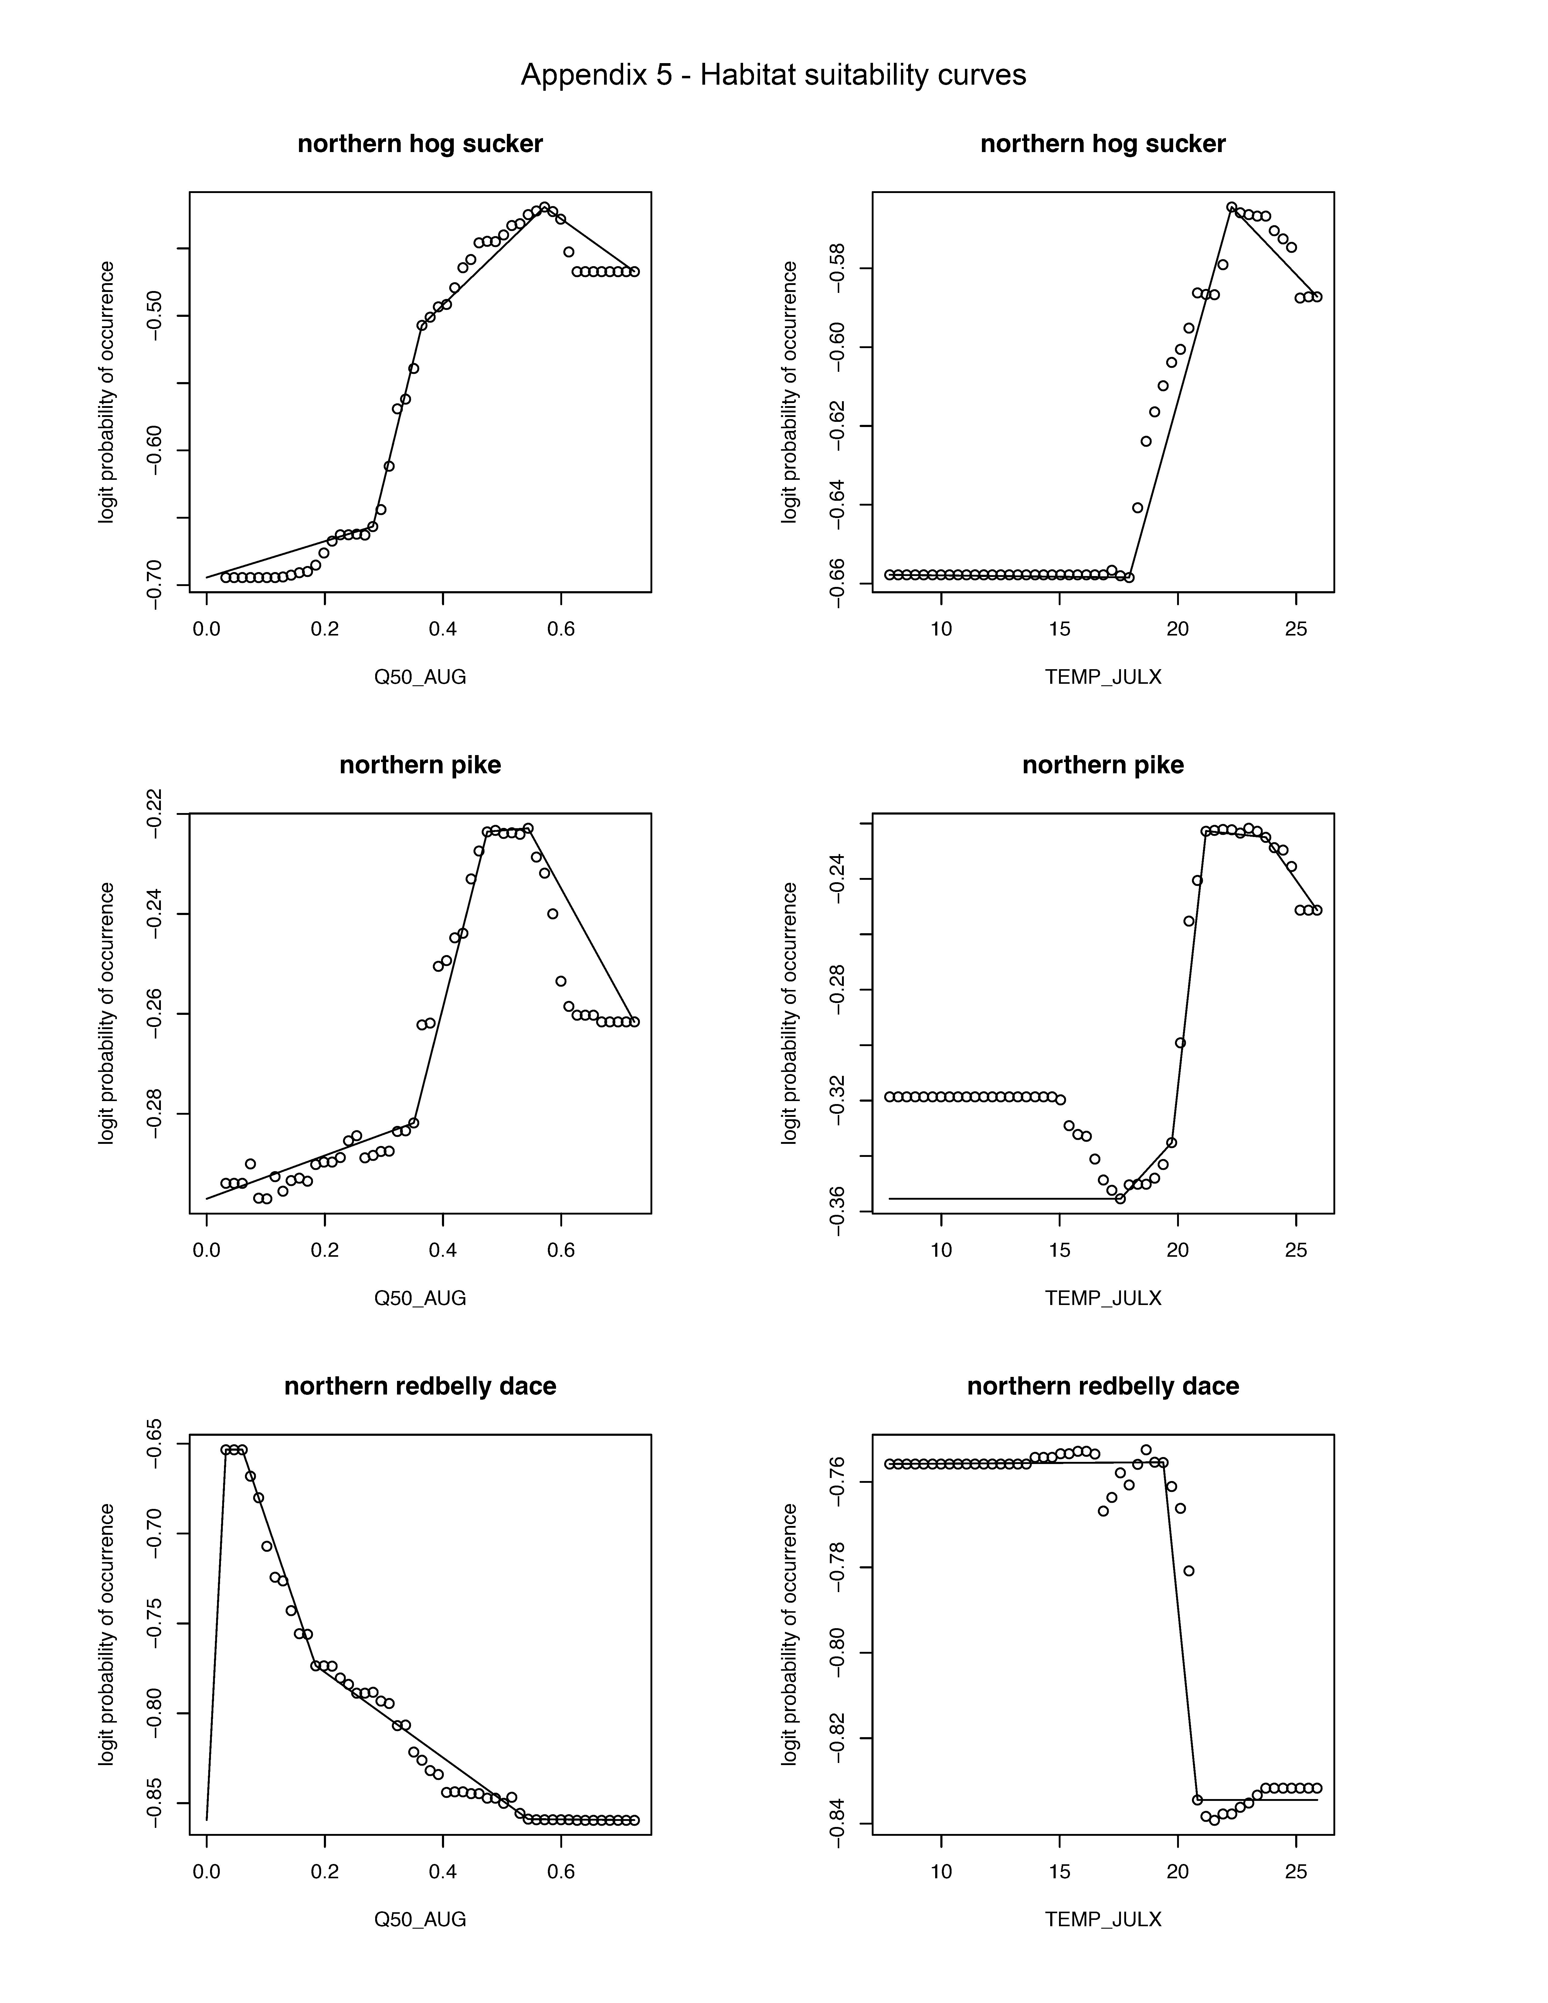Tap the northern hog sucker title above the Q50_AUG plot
[x=420, y=144]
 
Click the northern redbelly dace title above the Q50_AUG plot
[x=420, y=1386]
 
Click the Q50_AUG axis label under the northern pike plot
[x=420, y=1298]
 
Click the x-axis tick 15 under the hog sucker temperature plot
[x=1059, y=629]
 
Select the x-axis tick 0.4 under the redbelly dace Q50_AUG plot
[x=443, y=1871]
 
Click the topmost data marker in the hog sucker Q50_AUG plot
[x=545, y=207]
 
